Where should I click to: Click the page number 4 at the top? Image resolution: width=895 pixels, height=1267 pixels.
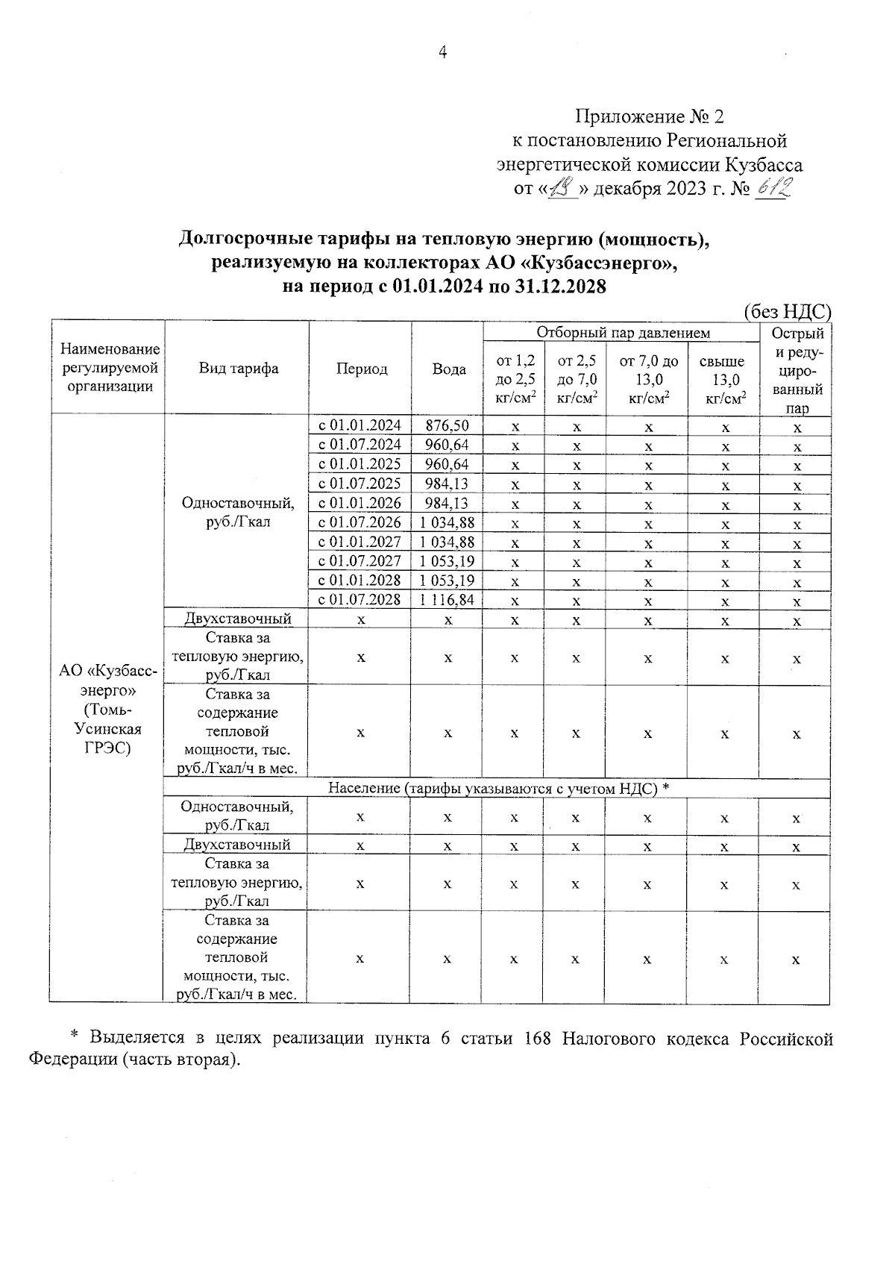point(442,52)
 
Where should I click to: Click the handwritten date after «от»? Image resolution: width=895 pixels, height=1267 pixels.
point(564,190)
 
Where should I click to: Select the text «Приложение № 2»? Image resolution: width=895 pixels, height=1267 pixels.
point(649,116)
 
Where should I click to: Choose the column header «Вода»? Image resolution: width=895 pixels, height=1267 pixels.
point(448,369)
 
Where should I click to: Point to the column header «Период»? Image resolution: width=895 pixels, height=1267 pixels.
point(361,369)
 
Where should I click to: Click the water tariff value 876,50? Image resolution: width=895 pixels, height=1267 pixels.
point(447,426)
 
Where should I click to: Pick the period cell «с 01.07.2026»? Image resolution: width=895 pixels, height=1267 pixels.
point(360,522)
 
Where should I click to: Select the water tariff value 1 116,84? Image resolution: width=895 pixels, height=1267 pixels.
point(447,600)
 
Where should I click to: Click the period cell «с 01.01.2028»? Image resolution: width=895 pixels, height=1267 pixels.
point(360,581)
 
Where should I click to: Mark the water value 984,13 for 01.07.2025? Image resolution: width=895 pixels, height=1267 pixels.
point(447,484)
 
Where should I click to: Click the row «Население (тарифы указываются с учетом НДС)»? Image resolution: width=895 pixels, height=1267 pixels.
point(498,789)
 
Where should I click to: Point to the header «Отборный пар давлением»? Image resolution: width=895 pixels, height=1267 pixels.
point(623,333)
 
